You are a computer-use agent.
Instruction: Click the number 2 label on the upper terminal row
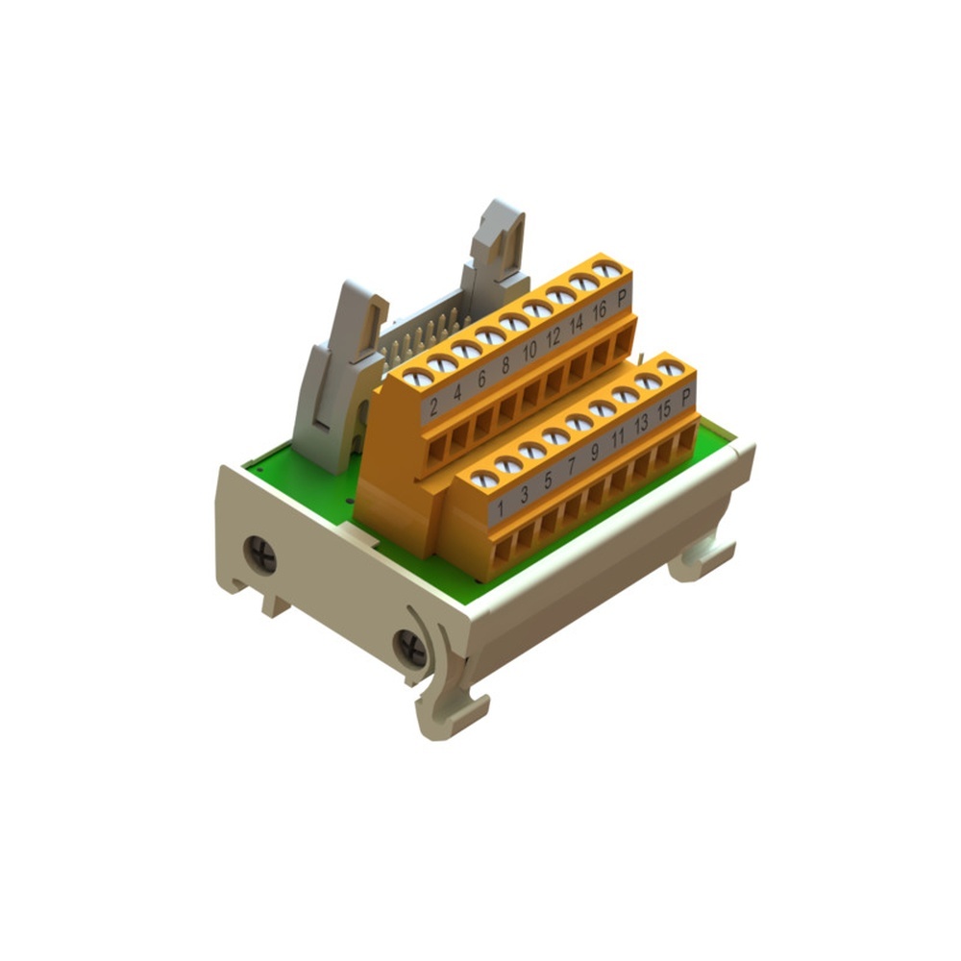tap(433, 406)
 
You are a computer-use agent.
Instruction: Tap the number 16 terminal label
tap(599, 310)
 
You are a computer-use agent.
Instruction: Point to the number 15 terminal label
tap(663, 410)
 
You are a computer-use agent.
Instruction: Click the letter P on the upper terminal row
tap(623, 298)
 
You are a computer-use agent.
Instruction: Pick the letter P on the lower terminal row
tap(686, 396)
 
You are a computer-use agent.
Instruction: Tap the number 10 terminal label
tap(529, 351)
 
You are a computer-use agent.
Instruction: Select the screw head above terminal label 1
tap(484, 478)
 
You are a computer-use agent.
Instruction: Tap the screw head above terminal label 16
tap(583, 283)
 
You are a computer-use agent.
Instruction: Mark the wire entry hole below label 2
tap(435, 450)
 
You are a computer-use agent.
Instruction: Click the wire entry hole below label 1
tap(502, 551)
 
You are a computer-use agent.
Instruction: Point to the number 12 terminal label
tap(553, 337)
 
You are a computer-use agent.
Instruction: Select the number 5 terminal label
tap(548, 480)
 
